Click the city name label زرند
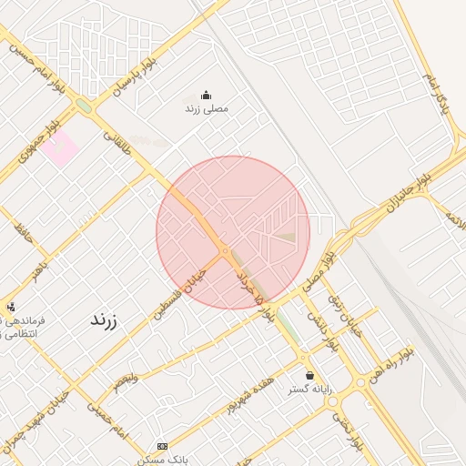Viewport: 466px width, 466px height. click(x=104, y=319)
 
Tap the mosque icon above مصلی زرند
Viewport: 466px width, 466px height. click(x=205, y=95)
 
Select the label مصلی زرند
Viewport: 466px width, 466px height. click(x=207, y=109)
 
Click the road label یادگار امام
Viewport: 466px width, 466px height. click(x=436, y=95)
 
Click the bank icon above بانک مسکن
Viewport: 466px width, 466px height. click(x=162, y=446)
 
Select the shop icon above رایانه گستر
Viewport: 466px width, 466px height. click(x=309, y=375)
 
